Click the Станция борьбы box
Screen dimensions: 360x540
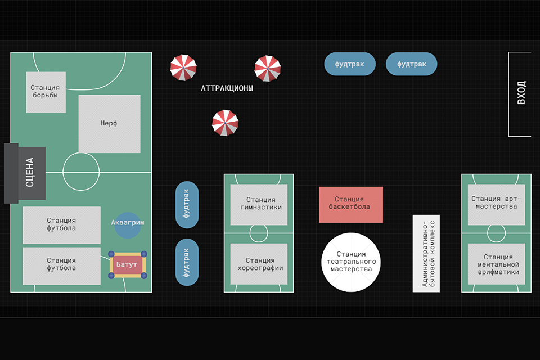click(x=46, y=92)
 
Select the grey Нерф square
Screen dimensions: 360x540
click(x=109, y=124)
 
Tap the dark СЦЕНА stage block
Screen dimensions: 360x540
click(x=25, y=173)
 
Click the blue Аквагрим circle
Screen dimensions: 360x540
click(x=127, y=223)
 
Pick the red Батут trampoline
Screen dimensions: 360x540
click(x=128, y=264)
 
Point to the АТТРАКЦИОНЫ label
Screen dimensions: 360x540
click(x=227, y=89)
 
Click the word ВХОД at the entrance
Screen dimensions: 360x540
click(x=521, y=93)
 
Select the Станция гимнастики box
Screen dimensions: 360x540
click(x=259, y=204)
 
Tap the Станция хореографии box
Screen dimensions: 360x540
click(x=259, y=264)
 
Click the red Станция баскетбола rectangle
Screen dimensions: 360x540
click(x=351, y=204)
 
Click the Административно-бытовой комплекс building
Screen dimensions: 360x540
click(x=426, y=253)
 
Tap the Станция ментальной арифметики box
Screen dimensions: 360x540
click(x=496, y=264)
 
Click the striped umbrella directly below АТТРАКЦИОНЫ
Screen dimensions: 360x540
click(x=225, y=123)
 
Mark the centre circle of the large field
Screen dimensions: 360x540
click(x=81, y=172)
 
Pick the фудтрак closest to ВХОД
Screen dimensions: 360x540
click(x=411, y=64)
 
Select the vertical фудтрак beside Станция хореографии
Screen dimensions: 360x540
click(x=187, y=262)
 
